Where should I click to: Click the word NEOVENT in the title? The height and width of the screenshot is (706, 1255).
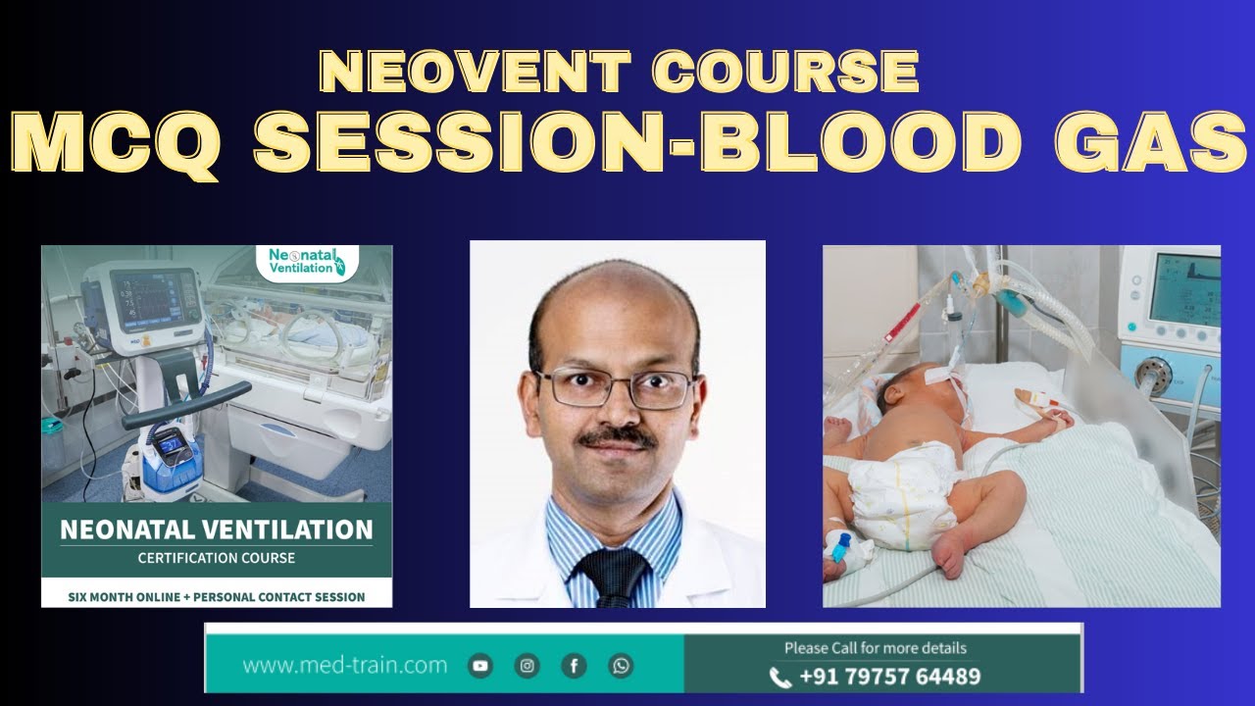coord(476,73)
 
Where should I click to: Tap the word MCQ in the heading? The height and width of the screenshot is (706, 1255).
coord(116,144)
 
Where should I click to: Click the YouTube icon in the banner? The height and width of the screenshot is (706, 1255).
coord(480,666)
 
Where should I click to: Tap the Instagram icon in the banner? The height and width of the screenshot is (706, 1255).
coord(527,666)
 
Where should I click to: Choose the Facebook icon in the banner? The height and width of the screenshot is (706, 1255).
coord(575,666)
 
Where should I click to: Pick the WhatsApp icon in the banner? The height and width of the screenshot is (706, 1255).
coord(621,666)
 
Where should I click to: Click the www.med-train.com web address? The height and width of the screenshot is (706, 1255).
coord(344,666)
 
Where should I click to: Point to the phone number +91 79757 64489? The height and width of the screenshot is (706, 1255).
coord(889,677)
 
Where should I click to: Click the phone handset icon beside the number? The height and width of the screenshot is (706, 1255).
coord(780,677)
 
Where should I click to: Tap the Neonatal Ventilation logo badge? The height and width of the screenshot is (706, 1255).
coord(307,262)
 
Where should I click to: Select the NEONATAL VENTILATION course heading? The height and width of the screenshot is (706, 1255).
coord(217,530)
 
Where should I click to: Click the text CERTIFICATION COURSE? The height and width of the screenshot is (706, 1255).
coord(217,558)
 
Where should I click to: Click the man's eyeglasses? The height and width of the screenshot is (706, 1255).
coord(618,388)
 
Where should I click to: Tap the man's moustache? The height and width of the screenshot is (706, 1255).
coord(617,437)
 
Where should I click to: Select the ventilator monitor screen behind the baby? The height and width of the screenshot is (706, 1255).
coord(1184,289)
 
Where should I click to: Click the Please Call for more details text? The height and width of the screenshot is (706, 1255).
coord(875,648)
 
